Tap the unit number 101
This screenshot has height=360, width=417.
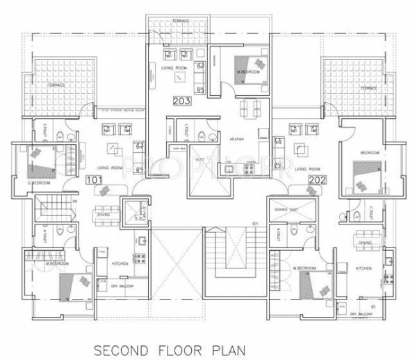coord(94,179)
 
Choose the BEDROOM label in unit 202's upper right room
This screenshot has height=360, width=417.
coord(368,152)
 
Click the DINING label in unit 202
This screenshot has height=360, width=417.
coord(365,243)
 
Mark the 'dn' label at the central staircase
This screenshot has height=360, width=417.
coord(254,222)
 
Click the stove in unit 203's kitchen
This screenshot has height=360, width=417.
coord(228,167)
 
